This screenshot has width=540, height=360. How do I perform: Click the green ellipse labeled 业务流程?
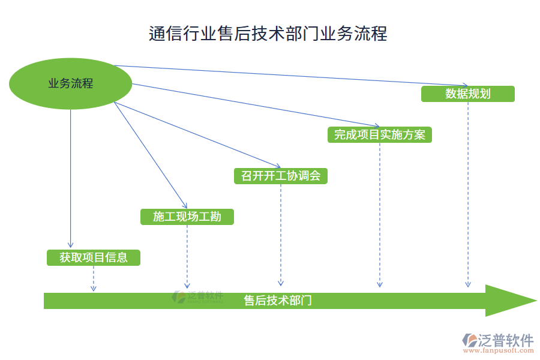click(71, 83)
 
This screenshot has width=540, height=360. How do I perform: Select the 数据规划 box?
click(467, 94)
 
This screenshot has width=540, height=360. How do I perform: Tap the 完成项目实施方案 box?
click(379, 134)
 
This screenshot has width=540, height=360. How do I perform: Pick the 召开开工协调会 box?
click(280, 176)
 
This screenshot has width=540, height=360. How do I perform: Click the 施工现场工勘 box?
click(187, 217)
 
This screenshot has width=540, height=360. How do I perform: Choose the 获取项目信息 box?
click(93, 257)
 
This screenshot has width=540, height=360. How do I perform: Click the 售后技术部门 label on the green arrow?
click(277, 301)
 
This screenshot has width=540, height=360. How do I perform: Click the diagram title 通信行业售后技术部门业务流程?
click(268, 33)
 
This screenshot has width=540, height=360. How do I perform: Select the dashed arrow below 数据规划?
click(467, 192)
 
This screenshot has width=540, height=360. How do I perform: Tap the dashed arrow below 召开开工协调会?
click(280, 234)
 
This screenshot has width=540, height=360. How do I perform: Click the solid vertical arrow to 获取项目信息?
click(71, 180)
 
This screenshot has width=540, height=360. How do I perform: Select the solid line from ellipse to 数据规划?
click(288, 75)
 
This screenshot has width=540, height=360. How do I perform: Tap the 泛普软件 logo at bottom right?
click(497, 340)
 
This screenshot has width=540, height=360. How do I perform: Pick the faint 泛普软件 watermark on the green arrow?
click(198, 296)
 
